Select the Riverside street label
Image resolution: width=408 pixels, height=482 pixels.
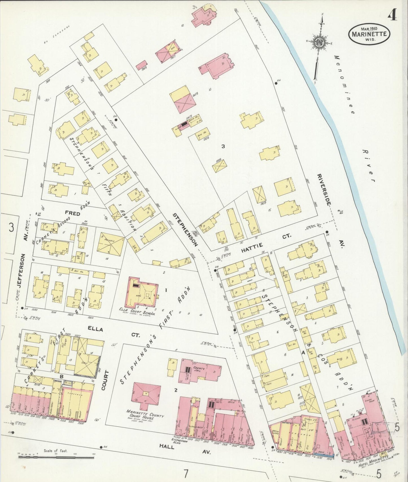pyautogui.click(x=324, y=189)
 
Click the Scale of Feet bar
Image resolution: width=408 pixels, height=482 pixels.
pyautogui.click(x=56, y=456)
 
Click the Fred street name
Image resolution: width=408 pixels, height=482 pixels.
pyautogui.click(x=72, y=213)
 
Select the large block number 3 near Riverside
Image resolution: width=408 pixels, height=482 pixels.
pyautogui.click(x=223, y=146)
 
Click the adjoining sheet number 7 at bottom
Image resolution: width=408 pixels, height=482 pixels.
pyautogui.click(x=186, y=474)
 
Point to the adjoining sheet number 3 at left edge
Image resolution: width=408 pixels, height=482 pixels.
pyautogui.click(x=11, y=227)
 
